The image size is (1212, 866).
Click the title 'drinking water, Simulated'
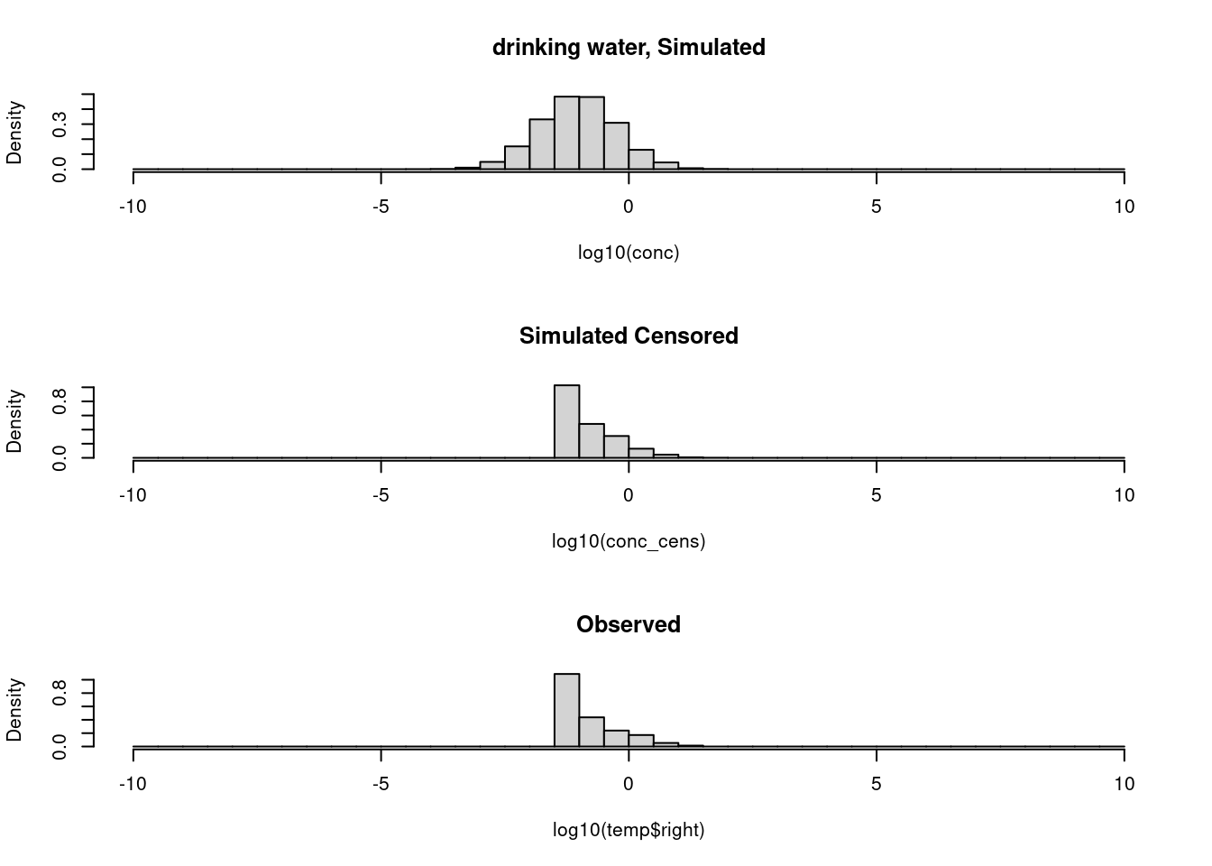coord(629,47)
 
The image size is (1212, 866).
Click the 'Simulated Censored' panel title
coord(629,336)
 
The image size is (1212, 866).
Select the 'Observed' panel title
coord(629,624)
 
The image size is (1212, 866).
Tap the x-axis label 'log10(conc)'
coord(629,253)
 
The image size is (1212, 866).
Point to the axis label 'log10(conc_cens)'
coord(629,541)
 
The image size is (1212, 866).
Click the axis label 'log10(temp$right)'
coord(629,830)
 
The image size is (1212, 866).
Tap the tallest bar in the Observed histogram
coord(566,710)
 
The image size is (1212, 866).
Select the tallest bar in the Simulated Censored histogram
coord(566,421)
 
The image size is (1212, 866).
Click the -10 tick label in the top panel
coord(133,207)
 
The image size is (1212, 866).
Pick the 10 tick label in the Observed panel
coord(1124,784)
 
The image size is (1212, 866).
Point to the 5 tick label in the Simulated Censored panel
coord(877,495)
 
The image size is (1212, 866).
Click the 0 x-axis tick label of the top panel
coord(629,207)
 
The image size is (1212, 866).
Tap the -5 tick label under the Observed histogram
coord(381,784)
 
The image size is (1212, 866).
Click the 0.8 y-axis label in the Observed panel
coord(60,691)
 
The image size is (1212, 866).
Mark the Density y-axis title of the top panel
coord(14,133)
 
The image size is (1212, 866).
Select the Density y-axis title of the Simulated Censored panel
coord(14,421)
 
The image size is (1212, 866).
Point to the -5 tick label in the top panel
coord(381,207)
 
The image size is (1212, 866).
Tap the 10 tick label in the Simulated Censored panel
coord(1124,495)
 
